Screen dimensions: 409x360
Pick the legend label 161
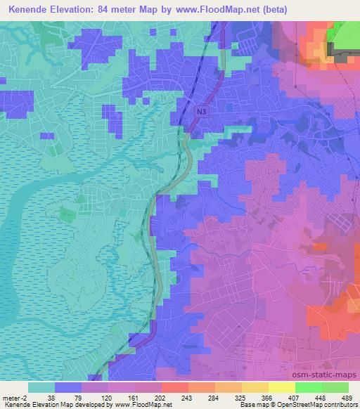point(135,398)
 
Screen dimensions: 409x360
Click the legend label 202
point(162,398)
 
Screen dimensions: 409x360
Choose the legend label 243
point(188,398)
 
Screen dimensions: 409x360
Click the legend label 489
point(347,398)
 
